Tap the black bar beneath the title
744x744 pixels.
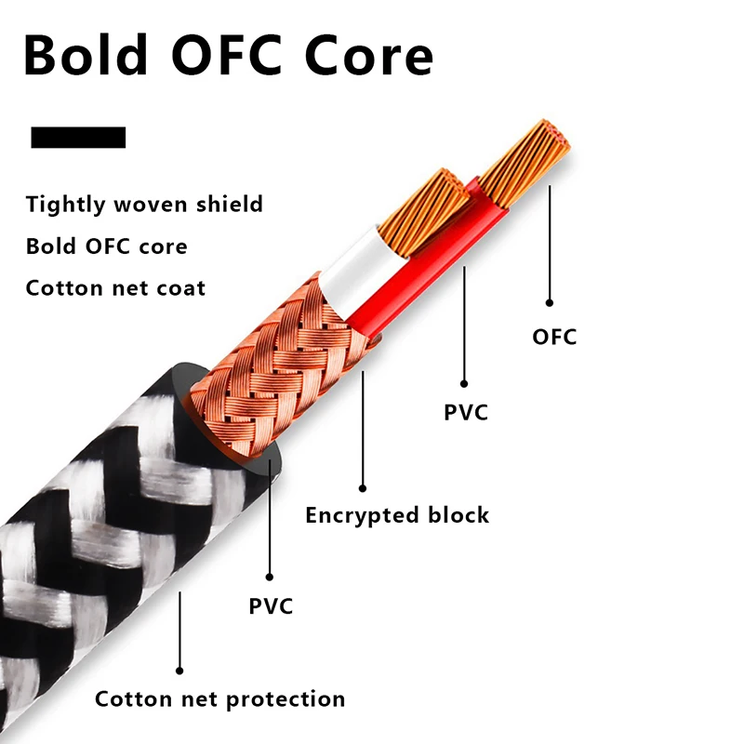pyautogui.click(x=78, y=138)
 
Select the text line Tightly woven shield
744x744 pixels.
pyautogui.click(x=144, y=205)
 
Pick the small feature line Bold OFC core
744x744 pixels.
pyautogui.click(x=106, y=246)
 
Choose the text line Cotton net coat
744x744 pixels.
pyautogui.click(x=115, y=287)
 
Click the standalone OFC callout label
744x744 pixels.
pyautogui.click(x=554, y=337)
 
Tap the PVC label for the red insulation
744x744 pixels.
pyautogui.click(x=466, y=412)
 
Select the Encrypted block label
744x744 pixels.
pyautogui.click(x=397, y=515)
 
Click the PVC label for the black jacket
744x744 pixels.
pyautogui.click(x=271, y=607)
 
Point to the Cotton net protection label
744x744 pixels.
pyautogui.click(x=220, y=699)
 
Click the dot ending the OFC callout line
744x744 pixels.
pyautogui.click(x=550, y=302)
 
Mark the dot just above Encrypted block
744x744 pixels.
pyautogui.click(x=363, y=487)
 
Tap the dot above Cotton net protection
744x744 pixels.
pyautogui.click(x=179, y=670)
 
